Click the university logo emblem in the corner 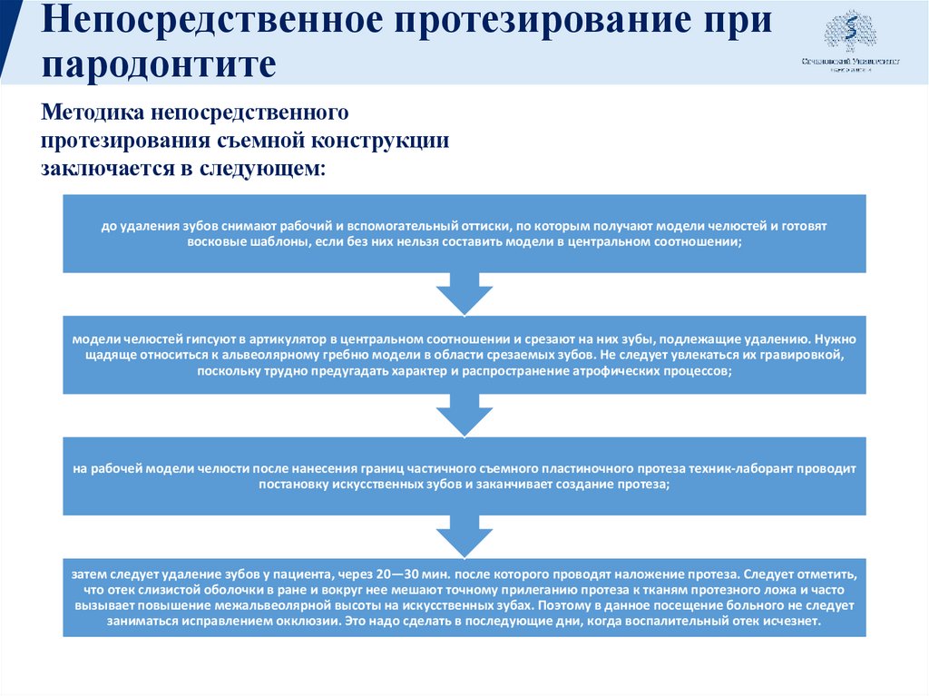point(850,33)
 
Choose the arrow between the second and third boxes point(464,415)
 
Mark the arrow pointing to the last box point(464,535)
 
